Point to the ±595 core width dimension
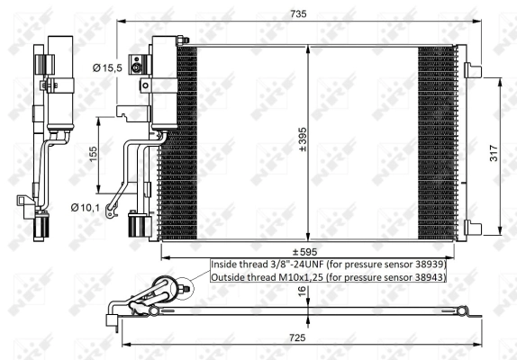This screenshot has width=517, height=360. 302,251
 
